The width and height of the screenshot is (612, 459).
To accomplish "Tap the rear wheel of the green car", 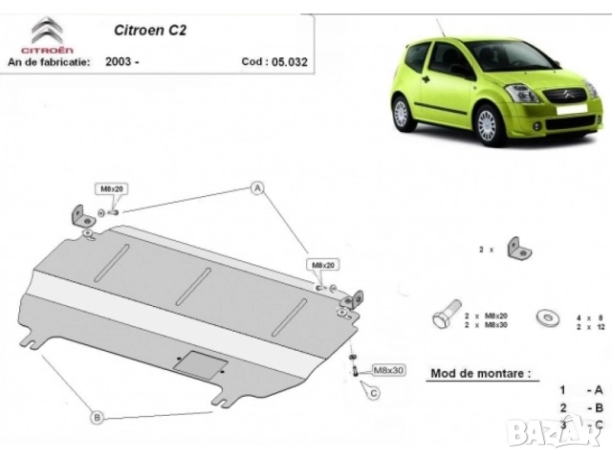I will coord(401,114).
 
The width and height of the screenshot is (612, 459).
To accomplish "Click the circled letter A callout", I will coord(256,188).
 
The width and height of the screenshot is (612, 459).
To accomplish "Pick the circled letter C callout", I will coord(374,392).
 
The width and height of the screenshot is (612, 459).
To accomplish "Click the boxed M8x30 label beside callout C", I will coord(387,369).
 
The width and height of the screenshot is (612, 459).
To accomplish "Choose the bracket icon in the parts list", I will coord(518,250).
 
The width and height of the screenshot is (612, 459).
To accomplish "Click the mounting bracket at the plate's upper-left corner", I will coord(80,215).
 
